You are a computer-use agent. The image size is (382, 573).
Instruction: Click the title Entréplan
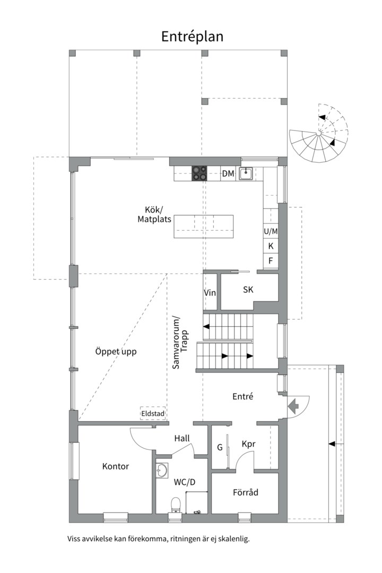[192, 36]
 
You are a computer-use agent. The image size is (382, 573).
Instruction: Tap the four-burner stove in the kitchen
[199, 173]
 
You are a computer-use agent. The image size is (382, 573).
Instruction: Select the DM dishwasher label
[228, 173]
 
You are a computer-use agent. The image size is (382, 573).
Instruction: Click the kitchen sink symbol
[246, 173]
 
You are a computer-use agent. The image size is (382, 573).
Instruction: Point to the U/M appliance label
[271, 231]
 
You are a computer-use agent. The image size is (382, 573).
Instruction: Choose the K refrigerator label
[271, 246]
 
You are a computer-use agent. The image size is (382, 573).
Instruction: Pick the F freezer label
[271, 261]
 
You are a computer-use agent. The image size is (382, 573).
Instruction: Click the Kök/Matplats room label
[154, 214]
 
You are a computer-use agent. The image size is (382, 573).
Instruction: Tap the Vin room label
[210, 293]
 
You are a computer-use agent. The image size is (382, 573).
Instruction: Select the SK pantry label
[248, 290]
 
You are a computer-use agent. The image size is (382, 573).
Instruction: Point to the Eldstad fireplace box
[153, 413]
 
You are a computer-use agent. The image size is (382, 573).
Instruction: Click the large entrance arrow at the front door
[293, 406]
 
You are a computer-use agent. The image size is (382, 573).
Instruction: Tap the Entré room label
[243, 396]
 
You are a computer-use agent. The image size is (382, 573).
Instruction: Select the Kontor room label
[116, 466]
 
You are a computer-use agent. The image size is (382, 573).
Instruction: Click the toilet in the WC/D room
[175, 504]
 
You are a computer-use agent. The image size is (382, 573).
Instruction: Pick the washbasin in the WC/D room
[162, 470]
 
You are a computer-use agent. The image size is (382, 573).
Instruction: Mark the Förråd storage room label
[246, 492]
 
